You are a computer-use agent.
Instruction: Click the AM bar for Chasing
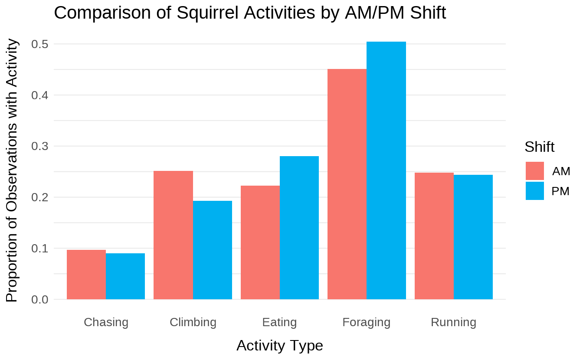click(x=86, y=275)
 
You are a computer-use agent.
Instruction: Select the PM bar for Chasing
click(x=125, y=276)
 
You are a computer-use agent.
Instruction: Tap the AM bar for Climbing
click(x=173, y=235)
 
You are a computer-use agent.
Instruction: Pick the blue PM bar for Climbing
click(x=213, y=250)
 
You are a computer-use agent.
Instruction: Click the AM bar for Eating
click(x=260, y=242)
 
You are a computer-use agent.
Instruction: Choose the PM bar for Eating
click(x=299, y=228)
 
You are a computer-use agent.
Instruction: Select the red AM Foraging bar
click(x=347, y=184)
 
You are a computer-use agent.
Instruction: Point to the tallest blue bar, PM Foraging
click(x=386, y=170)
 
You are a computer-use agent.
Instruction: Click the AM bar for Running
click(x=434, y=236)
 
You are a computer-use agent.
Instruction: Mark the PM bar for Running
click(x=473, y=237)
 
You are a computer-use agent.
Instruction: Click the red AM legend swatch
click(x=534, y=171)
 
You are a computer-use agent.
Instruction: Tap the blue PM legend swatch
click(x=534, y=191)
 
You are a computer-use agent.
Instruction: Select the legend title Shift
click(x=539, y=147)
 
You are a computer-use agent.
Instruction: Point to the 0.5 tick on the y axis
click(x=39, y=44)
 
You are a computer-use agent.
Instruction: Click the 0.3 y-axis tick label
click(x=39, y=146)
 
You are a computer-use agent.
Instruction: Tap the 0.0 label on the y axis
click(x=39, y=300)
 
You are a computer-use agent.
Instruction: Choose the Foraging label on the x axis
click(x=366, y=322)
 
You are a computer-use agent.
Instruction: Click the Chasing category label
click(x=106, y=322)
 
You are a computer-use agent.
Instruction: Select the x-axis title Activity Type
click(x=280, y=346)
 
